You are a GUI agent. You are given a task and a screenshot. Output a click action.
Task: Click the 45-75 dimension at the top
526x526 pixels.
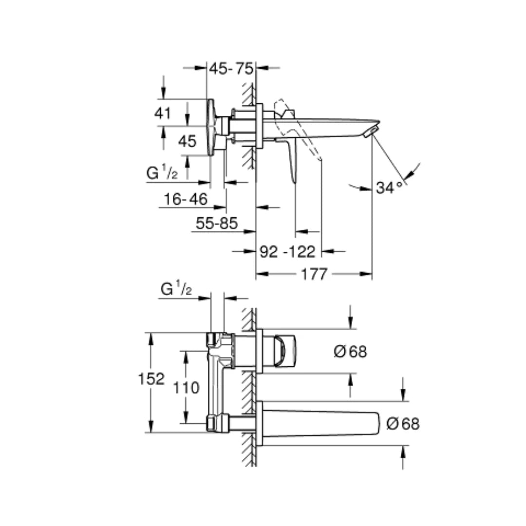click(x=231, y=69)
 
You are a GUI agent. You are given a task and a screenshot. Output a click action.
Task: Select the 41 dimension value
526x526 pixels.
click(x=163, y=113)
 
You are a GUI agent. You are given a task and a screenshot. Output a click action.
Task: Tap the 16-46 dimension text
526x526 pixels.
click(x=186, y=199)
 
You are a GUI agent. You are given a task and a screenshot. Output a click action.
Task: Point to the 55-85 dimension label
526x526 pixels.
click(x=217, y=223)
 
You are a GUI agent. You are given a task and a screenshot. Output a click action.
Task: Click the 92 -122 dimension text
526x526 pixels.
click(x=287, y=252)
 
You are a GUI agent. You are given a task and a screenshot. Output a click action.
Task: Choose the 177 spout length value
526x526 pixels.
click(x=314, y=274)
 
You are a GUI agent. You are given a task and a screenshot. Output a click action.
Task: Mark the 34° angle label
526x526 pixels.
click(x=389, y=188)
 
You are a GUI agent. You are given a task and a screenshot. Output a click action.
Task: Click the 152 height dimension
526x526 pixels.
click(x=151, y=379)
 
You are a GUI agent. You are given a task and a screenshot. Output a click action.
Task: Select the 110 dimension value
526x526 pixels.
click(x=186, y=388)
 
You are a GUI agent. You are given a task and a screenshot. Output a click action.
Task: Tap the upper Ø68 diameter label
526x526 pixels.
click(x=350, y=352)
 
